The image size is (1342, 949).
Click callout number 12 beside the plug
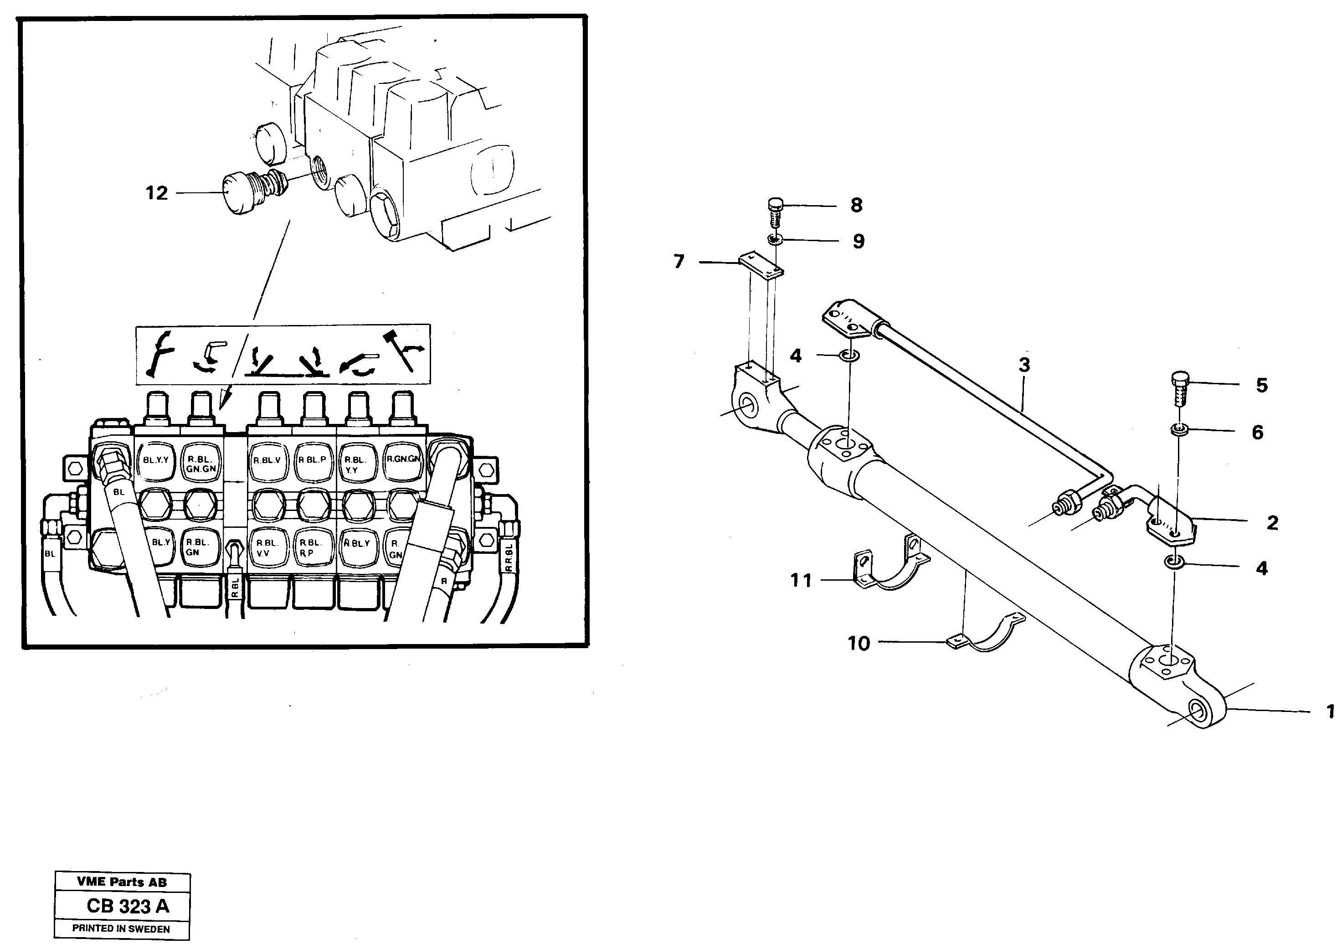point(156,193)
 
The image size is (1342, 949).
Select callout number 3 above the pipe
point(1024,365)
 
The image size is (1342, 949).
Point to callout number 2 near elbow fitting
point(1272,522)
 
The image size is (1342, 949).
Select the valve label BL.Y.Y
point(155,460)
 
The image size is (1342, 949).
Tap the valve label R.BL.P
point(312,460)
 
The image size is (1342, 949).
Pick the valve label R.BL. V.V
point(267,547)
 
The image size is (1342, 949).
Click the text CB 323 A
point(128,906)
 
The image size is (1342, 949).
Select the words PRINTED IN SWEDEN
point(121,928)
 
